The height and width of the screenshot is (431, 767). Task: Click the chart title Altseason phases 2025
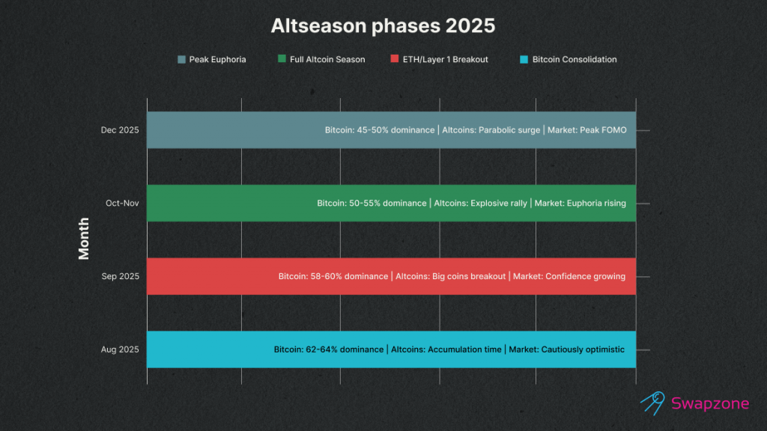(383, 25)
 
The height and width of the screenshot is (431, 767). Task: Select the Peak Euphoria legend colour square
(181, 60)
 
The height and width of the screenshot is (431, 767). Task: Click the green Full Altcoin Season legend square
(282, 58)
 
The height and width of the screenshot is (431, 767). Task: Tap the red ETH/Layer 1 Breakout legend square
(395, 58)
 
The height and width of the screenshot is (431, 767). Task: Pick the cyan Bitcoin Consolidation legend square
(524, 60)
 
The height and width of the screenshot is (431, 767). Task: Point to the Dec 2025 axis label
(120, 130)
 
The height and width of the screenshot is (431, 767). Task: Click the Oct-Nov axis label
(122, 203)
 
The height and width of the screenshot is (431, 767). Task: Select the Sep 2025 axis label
(121, 276)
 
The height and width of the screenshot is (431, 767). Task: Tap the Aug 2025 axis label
(120, 349)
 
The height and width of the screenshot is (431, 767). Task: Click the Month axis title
(84, 239)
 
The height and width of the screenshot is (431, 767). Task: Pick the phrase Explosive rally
(499, 203)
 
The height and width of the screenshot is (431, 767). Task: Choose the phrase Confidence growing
(586, 276)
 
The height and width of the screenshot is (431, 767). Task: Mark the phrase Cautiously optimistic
(583, 349)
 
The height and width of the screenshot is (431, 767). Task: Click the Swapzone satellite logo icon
(653, 403)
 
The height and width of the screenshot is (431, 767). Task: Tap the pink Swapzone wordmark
(710, 403)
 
